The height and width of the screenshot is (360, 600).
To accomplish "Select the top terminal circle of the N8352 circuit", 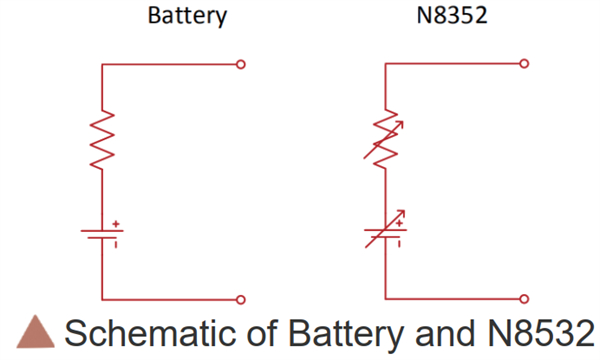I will click(x=524, y=64).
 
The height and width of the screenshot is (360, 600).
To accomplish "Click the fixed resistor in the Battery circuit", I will click(x=103, y=140).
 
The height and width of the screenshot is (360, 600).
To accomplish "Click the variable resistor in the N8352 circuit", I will click(x=386, y=140).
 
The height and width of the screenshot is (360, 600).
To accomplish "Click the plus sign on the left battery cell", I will click(x=117, y=224).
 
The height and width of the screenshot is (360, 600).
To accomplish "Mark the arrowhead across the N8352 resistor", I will click(x=405, y=123).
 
